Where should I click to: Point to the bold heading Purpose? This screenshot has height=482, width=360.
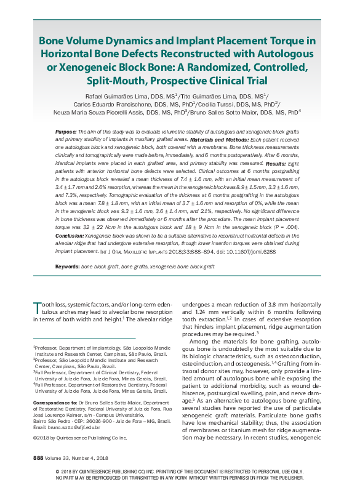point(66,132)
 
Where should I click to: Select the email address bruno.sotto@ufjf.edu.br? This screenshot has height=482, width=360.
point(73,426)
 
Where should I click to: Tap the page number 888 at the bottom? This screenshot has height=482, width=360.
point(38,458)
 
